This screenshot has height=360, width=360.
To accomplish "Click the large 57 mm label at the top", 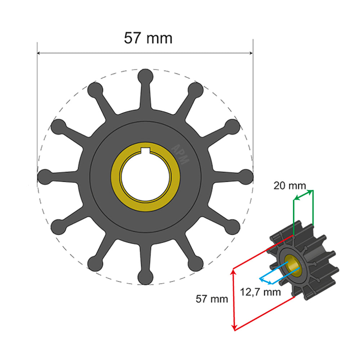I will (x=148, y=38).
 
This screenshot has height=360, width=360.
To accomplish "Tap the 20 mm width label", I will (x=289, y=186).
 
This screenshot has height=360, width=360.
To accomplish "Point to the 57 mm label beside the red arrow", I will (x=212, y=299).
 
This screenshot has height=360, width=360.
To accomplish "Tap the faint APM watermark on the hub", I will (x=180, y=154).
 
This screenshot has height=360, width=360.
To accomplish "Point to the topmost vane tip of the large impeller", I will (x=145, y=76).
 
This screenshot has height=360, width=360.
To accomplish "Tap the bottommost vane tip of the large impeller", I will (x=145, y=276).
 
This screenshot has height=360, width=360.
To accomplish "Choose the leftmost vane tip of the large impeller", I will (x=45, y=176).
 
